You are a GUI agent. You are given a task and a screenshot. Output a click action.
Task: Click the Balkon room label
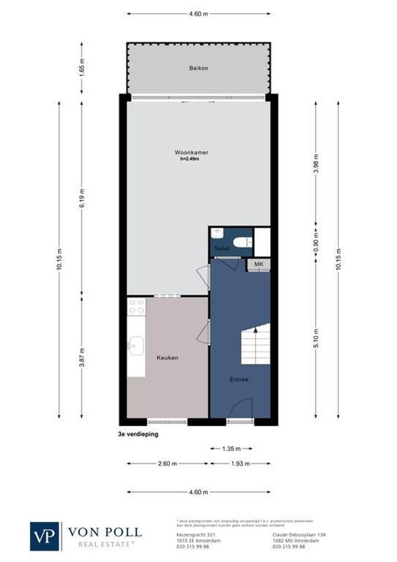[x=198, y=68]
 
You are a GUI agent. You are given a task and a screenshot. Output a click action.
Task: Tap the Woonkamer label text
[x=188, y=152]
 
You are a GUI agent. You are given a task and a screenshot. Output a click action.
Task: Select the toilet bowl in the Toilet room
[x=242, y=241]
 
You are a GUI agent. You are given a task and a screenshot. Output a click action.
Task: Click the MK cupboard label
[x=258, y=265]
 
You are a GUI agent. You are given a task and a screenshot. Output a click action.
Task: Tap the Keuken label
[x=168, y=358]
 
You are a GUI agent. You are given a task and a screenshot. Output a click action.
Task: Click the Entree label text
[x=239, y=379]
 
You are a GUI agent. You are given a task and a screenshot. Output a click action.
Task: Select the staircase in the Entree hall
[x=256, y=344]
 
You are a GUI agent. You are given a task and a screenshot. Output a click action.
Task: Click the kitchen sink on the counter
[x=136, y=345]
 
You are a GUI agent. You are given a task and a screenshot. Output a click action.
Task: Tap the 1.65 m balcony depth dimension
[x=82, y=68]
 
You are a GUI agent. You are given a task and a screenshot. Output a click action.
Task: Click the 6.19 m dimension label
[x=82, y=198]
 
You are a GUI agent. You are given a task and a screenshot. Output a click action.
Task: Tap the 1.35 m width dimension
[x=231, y=448]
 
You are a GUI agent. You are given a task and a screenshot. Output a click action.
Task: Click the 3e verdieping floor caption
[x=138, y=433]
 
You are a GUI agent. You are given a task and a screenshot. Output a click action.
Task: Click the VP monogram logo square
[x=45, y=536]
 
